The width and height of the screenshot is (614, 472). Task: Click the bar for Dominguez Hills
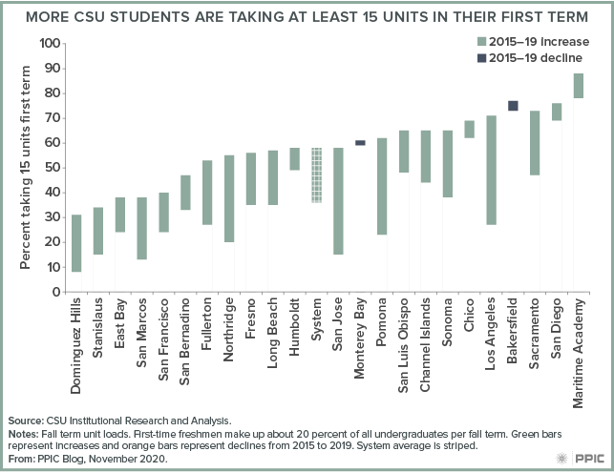pyautogui.click(x=76, y=243)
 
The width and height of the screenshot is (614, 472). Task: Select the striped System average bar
pyautogui.click(x=317, y=175)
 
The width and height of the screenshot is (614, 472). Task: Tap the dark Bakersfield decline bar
pyautogui.click(x=513, y=106)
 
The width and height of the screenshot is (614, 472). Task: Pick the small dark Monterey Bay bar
pyautogui.click(x=360, y=143)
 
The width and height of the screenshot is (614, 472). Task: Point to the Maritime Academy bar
pyautogui.click(x=579, y=86)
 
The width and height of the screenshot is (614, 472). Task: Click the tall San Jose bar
pyautogui.click(x=338, y=201)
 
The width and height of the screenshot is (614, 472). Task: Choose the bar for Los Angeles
pyautogui.click(x=491, y=170)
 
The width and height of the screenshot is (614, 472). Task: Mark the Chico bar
pyautogui.click(x=470, y=129)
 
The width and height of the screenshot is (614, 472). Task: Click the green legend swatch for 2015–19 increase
pyautogui.click(x=481, y=42)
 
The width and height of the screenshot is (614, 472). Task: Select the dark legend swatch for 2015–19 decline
pyautogui.click(x=481, y=58)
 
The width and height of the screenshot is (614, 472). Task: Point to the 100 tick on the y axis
pyautogui.click(x=50, y=44)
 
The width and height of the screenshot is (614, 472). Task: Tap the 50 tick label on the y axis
pyautogui.click(x=53, y=168)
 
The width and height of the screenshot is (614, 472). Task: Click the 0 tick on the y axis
pyautogui.click(x=56, y=292)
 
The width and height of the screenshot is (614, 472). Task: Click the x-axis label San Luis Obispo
pyautogui.click(x=403, y=345)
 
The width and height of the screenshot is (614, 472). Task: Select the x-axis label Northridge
pyautogui.click(x=228, y=329)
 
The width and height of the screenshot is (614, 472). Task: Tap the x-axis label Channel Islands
pyautogui.click(x=425, y=344)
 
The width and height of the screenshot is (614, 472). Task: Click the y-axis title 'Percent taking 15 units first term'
pyautogui.click(x=25, y=168)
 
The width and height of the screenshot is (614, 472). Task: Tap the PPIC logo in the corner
pyautogui.click(x=581, y=458)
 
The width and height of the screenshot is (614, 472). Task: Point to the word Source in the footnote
pyautogui.click(x=26, y=421)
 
